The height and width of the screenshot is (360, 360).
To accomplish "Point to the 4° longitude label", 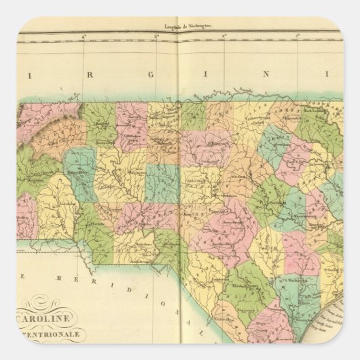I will point(81,35).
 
